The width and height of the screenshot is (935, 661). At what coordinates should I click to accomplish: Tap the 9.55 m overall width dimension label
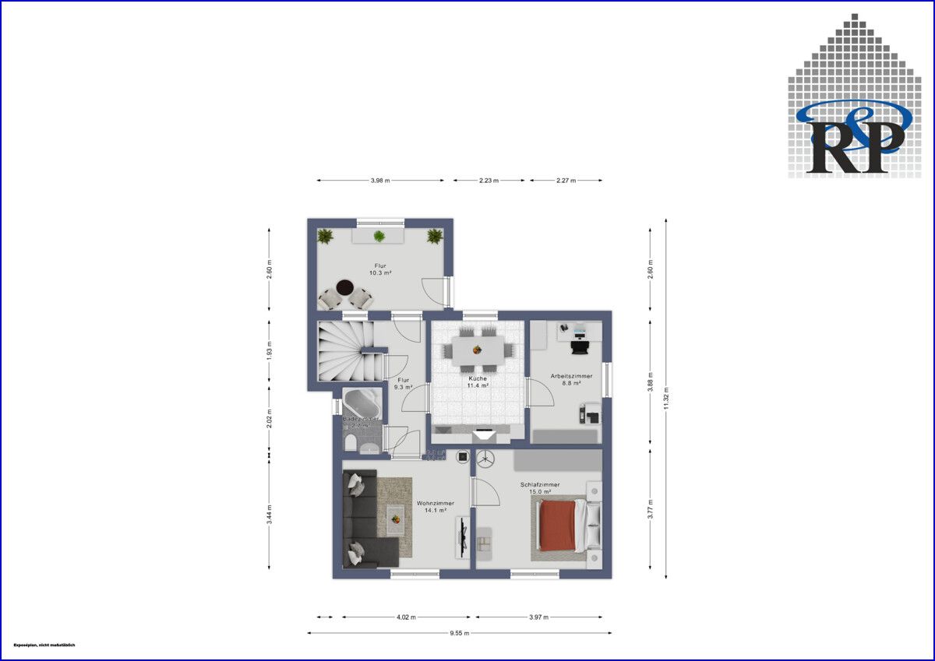460,633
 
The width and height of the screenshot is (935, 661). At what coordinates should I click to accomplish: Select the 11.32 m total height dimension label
665,399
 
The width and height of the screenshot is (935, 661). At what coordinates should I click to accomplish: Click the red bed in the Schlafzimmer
559,526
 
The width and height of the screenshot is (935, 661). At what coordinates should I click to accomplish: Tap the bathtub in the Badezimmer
362,403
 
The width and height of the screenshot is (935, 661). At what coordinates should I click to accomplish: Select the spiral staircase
347,351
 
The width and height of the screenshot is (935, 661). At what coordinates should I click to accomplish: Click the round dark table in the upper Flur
344,287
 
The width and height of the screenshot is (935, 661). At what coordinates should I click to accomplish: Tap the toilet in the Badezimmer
350,444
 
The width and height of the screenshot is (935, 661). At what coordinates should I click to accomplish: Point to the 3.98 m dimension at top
379,181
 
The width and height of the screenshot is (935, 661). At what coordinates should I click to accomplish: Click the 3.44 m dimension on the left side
270,515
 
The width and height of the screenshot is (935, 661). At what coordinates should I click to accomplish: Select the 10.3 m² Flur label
380,269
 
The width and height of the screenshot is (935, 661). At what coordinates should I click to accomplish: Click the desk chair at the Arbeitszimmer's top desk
580,346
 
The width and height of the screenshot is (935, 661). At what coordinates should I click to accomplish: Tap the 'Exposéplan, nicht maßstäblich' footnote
44,645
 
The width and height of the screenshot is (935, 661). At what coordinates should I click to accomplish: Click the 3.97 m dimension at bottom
539,617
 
